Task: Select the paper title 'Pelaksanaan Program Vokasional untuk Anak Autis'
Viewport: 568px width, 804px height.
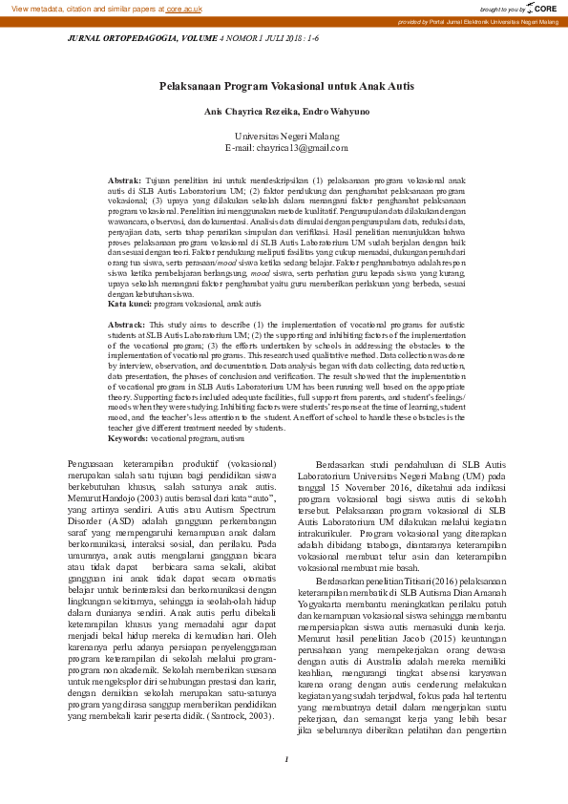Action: coord(286,86)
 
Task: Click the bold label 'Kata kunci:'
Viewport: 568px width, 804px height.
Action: coord(129,304)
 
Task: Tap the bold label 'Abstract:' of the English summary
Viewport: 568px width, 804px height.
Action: coord(126,325)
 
